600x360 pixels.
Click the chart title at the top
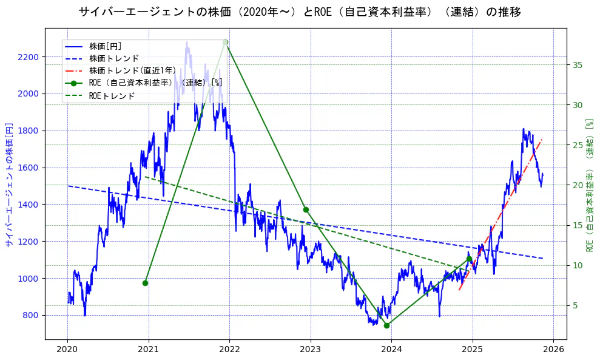point(300,12)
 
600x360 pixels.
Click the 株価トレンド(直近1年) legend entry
point(132,70)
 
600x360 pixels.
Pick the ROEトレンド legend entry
point(112,96)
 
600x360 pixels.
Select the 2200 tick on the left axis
point(28,57)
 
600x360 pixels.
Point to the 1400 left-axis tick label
point(28,205)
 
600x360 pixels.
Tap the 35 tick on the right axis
point(577,65)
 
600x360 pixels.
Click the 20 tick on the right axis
point(577,185)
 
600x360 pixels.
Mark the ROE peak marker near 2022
point(225,42)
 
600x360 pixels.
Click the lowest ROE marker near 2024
point(386,325)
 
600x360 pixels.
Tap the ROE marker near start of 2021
point(145,283)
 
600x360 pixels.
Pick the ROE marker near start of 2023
point(306,209)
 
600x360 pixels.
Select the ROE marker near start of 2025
point(469,259)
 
